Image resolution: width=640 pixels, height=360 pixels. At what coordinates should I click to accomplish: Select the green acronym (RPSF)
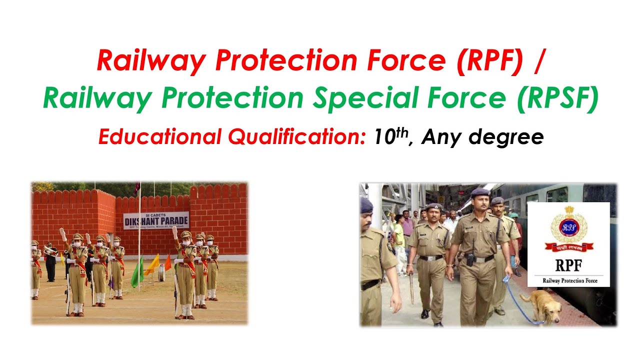tap(557, 98)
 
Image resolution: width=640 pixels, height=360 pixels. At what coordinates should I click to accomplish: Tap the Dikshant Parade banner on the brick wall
tap(156, 220)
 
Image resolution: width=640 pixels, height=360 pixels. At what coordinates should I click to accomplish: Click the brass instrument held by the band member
tap(49, 251)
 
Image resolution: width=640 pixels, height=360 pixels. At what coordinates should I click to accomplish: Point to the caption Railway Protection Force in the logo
tap(568, 280)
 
